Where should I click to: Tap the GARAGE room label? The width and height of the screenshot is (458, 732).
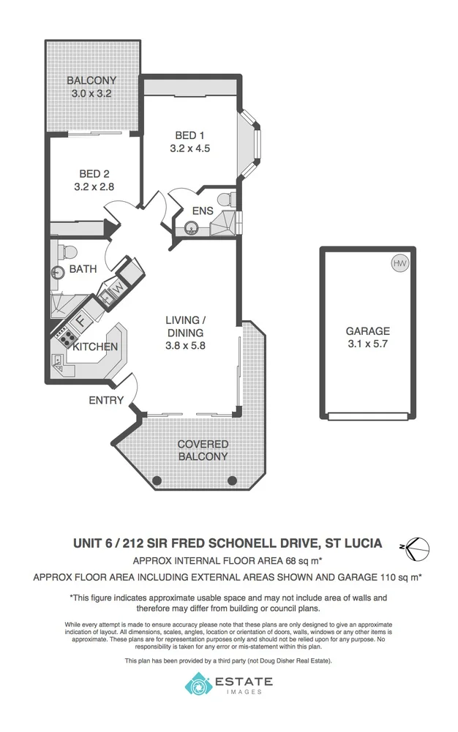tap(367, 331)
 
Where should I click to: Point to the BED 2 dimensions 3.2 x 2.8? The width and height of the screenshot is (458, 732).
tap(94, 186)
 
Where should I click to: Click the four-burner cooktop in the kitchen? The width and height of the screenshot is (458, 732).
tap(63, 339)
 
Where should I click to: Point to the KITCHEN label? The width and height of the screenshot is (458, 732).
tap(95, 347)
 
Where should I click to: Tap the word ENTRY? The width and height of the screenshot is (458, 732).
tap(105, 400)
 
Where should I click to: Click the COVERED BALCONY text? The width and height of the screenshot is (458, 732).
tap(203, 450)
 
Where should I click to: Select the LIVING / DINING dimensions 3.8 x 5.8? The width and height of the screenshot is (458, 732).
tap(185, 346)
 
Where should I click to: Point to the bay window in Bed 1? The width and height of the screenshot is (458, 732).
tap(251, 143)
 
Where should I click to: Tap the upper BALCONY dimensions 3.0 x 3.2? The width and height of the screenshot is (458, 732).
tap(91, 94)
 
